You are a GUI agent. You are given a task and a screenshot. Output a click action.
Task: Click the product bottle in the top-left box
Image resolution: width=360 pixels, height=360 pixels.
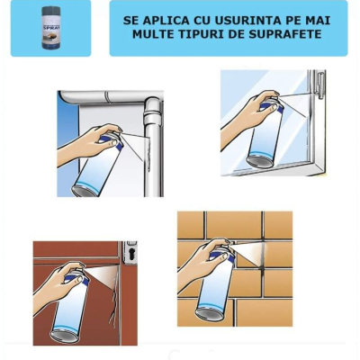tap(50, 28)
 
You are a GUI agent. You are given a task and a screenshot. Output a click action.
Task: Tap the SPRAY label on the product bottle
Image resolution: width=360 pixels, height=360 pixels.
tap(50, 24)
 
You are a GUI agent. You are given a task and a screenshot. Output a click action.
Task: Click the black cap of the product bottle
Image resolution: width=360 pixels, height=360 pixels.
tap(50, 10)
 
